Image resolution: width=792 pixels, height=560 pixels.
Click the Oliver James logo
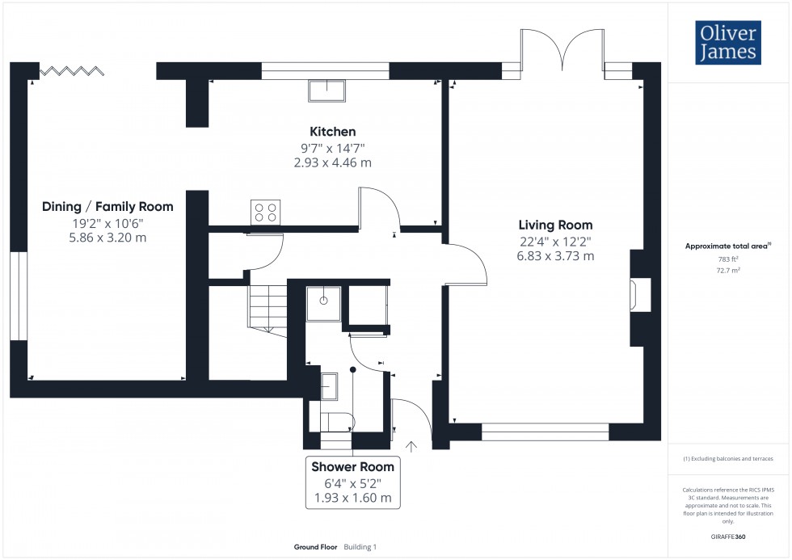[x=727, y=44]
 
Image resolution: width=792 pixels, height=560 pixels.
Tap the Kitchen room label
[x=332, y=132]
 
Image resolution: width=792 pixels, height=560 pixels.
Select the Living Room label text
[x=555, y=225]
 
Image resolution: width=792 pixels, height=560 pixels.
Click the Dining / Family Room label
[x=107, y=208]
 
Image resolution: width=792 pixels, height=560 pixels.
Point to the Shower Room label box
[x=352, y=482]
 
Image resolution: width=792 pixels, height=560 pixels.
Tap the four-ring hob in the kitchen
[x=265, y=212]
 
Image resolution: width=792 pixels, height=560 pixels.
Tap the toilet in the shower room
[x=336, y=421]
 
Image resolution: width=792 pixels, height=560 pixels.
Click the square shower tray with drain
[x=323, y=301]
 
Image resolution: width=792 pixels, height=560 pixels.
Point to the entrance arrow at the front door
[x=414, y=444]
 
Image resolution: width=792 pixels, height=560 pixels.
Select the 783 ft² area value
[x=727, y=259]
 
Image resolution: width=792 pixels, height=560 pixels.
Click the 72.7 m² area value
[x=727, y=271]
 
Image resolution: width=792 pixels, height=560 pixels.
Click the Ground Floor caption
[x=316, y=547]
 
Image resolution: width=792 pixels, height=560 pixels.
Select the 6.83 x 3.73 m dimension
[x=555, y=256]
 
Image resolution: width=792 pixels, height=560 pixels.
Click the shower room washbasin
[x=329, y=385]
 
